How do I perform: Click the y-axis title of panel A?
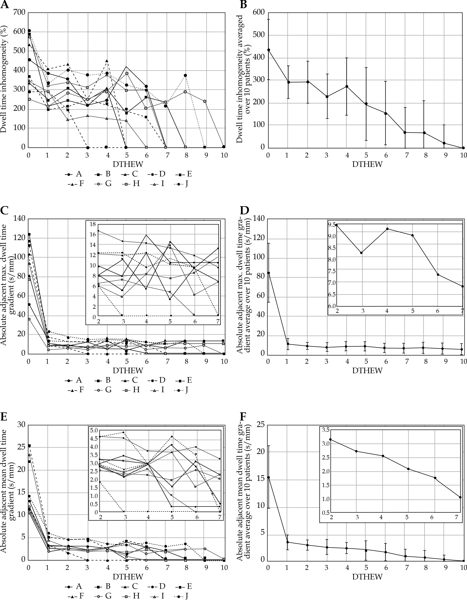click(x=4, y=80)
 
